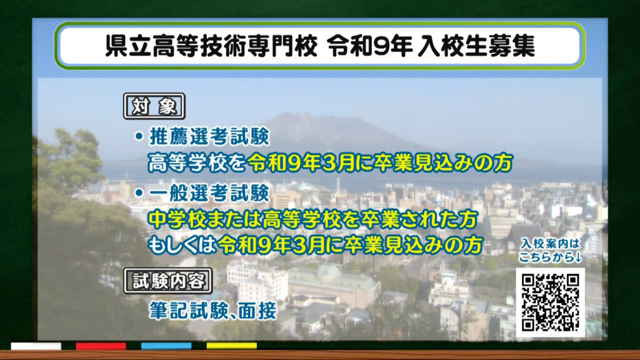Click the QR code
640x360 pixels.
[550, 302]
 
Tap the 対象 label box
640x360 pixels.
[154, 106]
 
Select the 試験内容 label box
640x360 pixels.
[168, 281]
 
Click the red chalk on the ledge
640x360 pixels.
[101, 346]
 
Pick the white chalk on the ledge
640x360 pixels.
[36, 346]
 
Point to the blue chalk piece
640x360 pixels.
[166, 346]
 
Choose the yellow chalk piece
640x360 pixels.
[231, 346]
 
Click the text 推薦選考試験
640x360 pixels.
[209, 136]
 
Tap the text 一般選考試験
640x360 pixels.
[209, 192]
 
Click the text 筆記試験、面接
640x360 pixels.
[212, 311]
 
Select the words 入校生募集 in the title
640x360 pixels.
[476, 45]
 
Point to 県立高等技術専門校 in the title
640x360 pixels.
[211, 45]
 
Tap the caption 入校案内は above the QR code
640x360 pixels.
[550, 244]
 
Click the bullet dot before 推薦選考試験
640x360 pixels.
[139, 136]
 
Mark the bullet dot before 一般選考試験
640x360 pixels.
[139, 192]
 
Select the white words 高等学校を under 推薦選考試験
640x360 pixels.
[197, 162]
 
